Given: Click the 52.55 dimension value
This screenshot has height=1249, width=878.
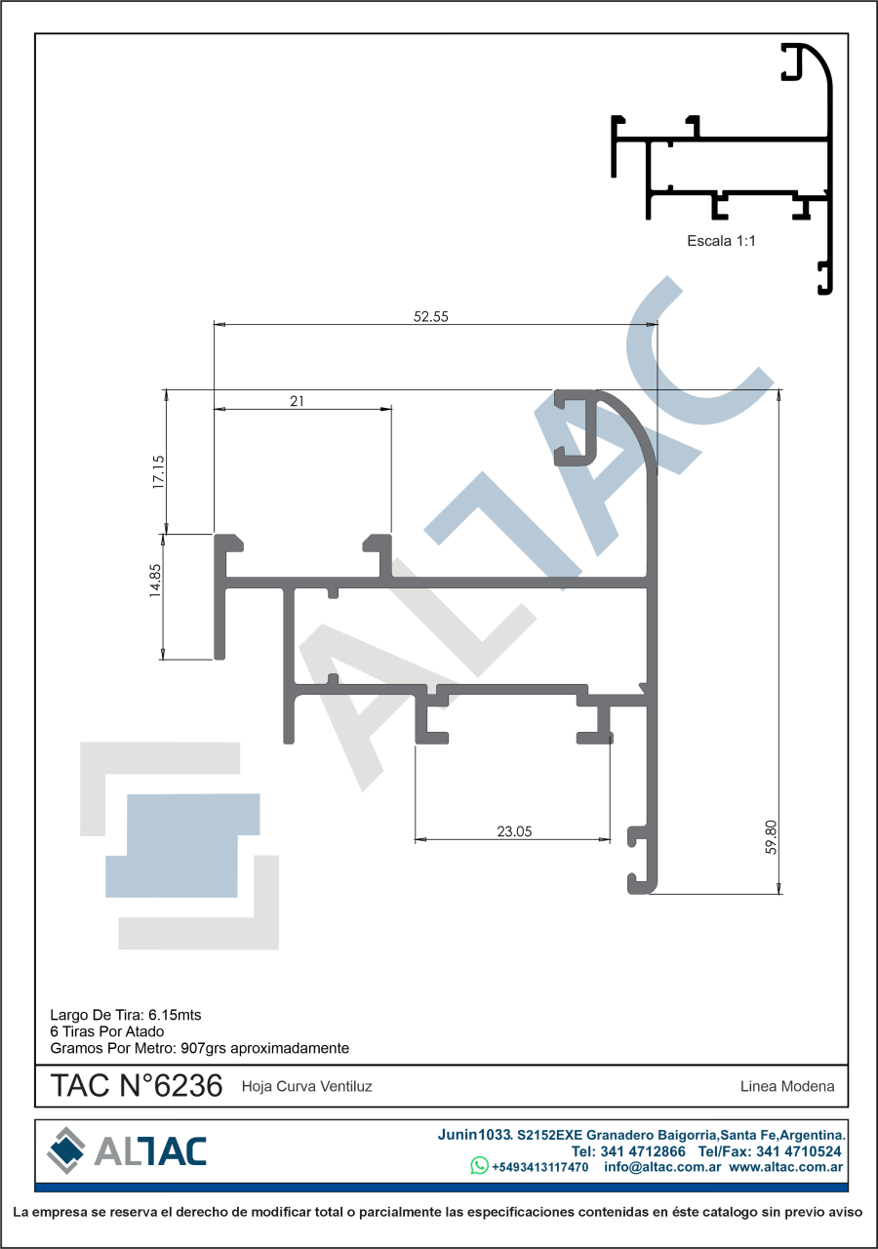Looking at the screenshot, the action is coord(430,317).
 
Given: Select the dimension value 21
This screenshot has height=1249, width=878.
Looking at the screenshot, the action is coord(297,401).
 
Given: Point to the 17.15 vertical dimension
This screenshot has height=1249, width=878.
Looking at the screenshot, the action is coord(159,472).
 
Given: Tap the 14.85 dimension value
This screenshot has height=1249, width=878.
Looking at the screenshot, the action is coord(155,581).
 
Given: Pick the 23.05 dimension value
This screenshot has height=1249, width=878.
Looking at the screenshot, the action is coord(514,831).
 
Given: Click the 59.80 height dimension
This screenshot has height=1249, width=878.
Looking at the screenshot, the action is coord(771,837).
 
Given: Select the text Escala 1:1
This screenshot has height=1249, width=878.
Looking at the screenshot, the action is coord(721,241).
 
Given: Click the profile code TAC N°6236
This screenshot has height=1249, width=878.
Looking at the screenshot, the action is coord(137,1086).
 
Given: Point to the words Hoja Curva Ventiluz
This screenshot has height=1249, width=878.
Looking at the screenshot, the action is coord(306,1086).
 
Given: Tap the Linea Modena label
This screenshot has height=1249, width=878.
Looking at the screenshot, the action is coord(787,1086).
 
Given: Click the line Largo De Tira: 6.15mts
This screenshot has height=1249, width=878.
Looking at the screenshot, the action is coord(126,1015).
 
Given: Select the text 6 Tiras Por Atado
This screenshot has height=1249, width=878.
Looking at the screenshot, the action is coord(107,1031).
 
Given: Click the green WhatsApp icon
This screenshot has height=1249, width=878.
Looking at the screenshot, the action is coord(479,1165).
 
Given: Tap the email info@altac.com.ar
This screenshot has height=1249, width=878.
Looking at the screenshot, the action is coord(662,1166).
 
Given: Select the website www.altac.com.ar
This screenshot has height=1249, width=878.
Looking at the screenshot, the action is coord(786,1166).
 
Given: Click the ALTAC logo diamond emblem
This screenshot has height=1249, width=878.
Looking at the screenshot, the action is coord(66,1150).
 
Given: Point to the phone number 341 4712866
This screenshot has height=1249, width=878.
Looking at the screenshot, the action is coord(643,1150).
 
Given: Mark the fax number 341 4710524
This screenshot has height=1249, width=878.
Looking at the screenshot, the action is coord(799,1150).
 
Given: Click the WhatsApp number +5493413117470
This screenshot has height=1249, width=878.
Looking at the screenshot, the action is coord(539,1167).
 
